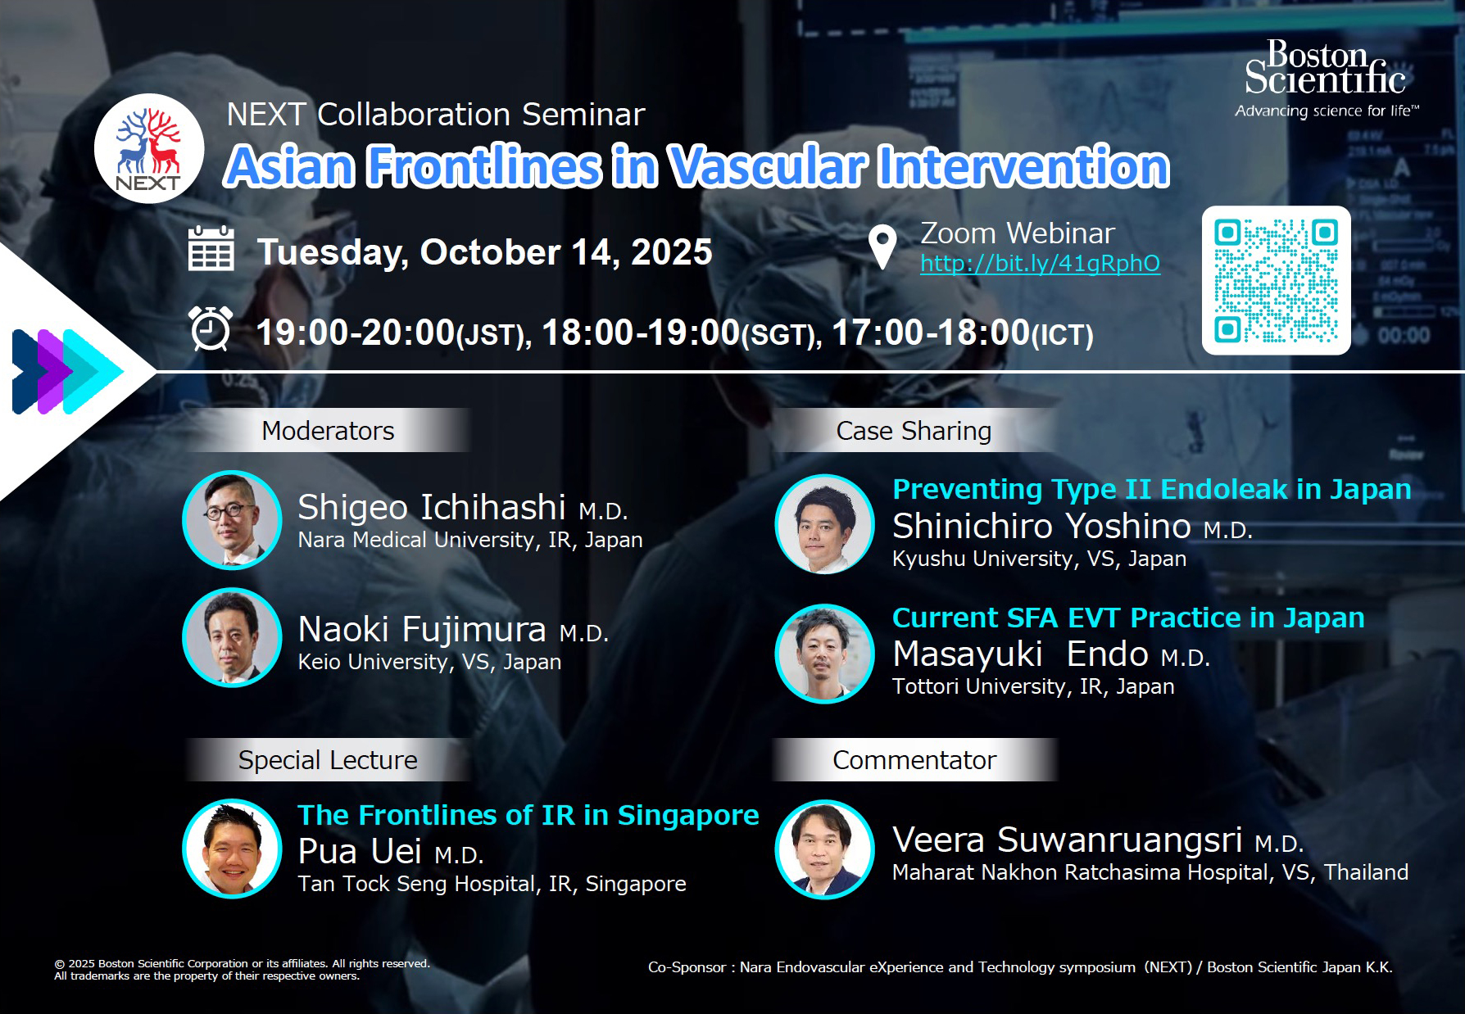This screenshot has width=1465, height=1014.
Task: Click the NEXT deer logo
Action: (x=148, y=148)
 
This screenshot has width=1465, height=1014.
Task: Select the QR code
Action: (x=1276, y=280)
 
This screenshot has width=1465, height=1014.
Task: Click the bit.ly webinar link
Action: (x=1040, y=263)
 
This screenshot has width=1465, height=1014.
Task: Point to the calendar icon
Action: (x=211, y=249)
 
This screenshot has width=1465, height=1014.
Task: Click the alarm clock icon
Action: (x=211, y=328)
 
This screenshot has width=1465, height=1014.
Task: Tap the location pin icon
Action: (x=882, y=248)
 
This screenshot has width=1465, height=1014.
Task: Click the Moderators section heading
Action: (x=328, y=431)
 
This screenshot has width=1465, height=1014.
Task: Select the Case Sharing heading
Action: (x=914, y=431)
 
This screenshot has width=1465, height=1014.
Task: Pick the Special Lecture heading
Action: (x=328, y=760)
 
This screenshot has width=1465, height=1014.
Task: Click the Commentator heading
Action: (x=914, y=760)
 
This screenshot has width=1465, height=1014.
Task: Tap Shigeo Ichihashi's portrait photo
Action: (x=233, y=520)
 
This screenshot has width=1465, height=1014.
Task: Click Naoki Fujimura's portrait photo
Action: (x=233, y=637)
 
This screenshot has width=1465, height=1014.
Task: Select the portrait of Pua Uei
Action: (x=233, y=849)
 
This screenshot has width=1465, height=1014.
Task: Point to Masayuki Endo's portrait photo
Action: (x=825, y=654)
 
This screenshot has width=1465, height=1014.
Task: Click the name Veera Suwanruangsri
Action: (x=1067, y=840)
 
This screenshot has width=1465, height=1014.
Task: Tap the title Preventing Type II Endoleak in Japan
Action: (x=1152, y=489)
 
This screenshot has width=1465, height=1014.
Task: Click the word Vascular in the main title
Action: (x=767, y=165)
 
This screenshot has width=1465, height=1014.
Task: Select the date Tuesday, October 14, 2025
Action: (x=484, y=252)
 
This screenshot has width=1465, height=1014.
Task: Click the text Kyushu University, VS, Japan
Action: (x=1039, y=559)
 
